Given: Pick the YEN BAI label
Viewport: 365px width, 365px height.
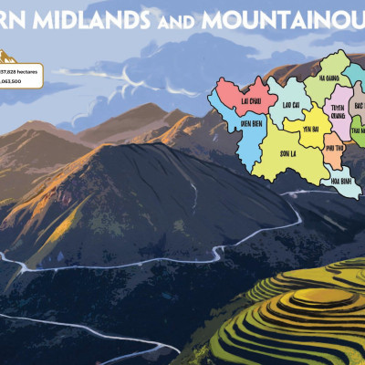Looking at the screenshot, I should (x=310, y=129).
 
